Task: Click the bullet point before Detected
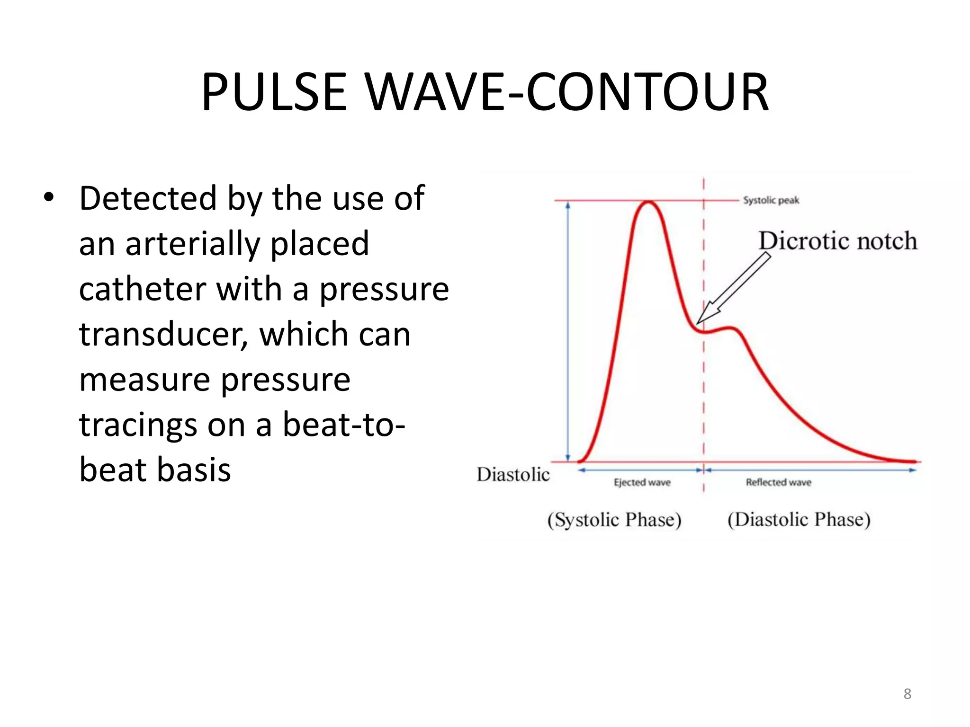[x=48, y=197]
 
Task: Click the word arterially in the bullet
[x=193, y=243]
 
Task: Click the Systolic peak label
[x=771, y=200]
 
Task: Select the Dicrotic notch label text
[x=837, y=240]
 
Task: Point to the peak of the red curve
[x=647, y=203]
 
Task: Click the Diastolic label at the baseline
[x=513, y=474]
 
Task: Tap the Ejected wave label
[x=642, y=482]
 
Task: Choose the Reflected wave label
[x=778, y=482]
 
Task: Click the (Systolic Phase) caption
[x=614, y=520]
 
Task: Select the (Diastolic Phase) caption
[x=799, y=520]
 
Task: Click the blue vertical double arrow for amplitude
[x=568, y=331]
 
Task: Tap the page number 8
[x=907, y=694]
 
